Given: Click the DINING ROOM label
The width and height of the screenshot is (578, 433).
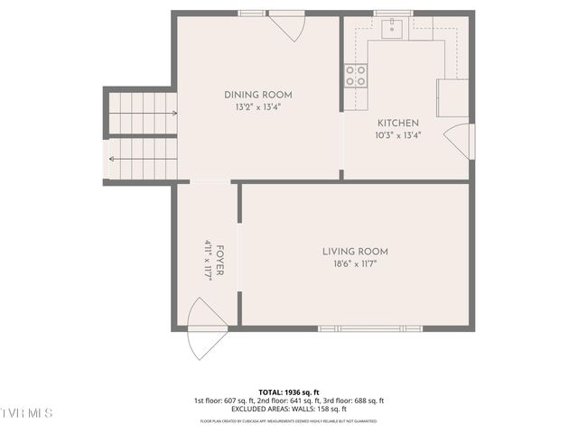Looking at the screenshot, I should click(257, 95).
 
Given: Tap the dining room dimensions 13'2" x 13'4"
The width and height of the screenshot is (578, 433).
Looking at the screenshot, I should click(257, 107).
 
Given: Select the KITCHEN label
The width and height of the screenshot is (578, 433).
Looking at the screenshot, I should click(398, 123).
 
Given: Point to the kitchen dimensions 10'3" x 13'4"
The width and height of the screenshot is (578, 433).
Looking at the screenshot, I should click(398, 135).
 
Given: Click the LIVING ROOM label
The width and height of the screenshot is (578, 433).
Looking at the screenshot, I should click(355, 252).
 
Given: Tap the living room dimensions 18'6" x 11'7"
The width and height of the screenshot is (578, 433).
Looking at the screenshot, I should click(355, 264).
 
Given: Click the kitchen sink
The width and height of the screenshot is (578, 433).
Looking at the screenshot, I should click(392, 30).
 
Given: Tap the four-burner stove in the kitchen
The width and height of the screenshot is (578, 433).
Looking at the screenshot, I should click(356, 76).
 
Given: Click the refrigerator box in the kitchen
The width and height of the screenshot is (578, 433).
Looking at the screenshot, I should click(453, 97).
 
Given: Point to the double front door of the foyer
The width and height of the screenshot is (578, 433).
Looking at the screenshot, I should click(205, 330).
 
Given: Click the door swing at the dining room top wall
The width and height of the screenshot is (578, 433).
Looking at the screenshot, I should click(287, 24).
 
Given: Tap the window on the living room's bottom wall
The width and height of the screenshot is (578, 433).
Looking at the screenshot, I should click(370, 328).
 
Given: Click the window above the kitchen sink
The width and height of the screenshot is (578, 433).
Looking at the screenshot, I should click(393, 14).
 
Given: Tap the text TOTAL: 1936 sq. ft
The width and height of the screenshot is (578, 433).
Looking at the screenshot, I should click(289, 392).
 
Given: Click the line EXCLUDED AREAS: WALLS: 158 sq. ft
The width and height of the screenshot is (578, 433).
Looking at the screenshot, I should click(289, 409).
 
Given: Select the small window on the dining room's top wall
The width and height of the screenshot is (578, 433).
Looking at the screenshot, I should click(252, 14).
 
